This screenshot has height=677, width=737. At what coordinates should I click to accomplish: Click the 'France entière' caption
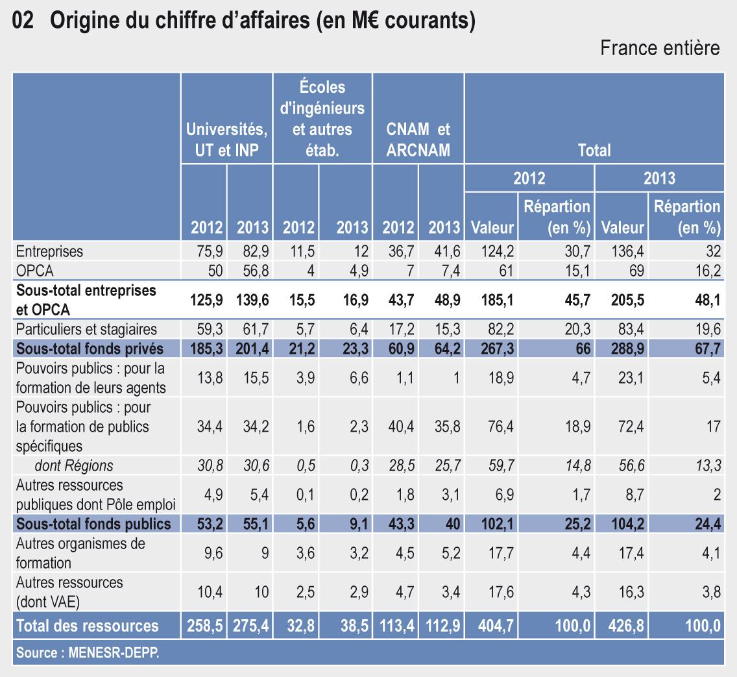(660, 49)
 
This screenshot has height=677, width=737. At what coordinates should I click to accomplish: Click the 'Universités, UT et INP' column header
(226, 140)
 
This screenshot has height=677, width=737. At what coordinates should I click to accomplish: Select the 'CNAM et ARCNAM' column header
(418, 140)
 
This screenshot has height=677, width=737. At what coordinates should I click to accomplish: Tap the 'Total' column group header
(594, 151)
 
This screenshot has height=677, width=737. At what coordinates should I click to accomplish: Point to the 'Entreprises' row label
(50, 251)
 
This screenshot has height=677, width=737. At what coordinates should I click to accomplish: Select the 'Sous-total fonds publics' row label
(93, 524)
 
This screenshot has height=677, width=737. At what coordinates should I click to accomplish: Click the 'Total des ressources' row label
(87, 626)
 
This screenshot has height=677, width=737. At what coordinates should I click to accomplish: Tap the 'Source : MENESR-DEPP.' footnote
(87, 653)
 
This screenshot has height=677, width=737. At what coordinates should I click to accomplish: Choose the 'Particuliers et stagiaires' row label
(78, 330)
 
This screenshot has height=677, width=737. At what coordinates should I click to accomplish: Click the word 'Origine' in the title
(84, 21)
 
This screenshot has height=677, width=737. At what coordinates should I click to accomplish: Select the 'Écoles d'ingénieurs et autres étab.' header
(322, 119)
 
